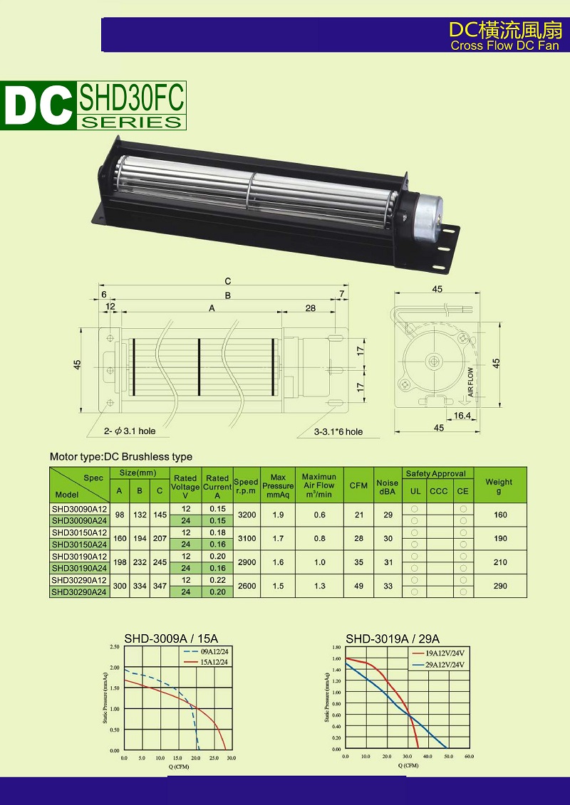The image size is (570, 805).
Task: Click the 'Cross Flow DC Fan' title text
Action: tap(504, 46)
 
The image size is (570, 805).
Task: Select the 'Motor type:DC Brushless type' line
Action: tap(121, 456)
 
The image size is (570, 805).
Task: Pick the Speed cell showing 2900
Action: tap(247, 562)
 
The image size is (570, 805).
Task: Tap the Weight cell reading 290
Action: tap(500, 586)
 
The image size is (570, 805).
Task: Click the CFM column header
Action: tap(359, 485)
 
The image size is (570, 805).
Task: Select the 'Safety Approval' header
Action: tap(435, 473)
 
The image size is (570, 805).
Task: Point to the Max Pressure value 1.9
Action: tap(278, 515)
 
